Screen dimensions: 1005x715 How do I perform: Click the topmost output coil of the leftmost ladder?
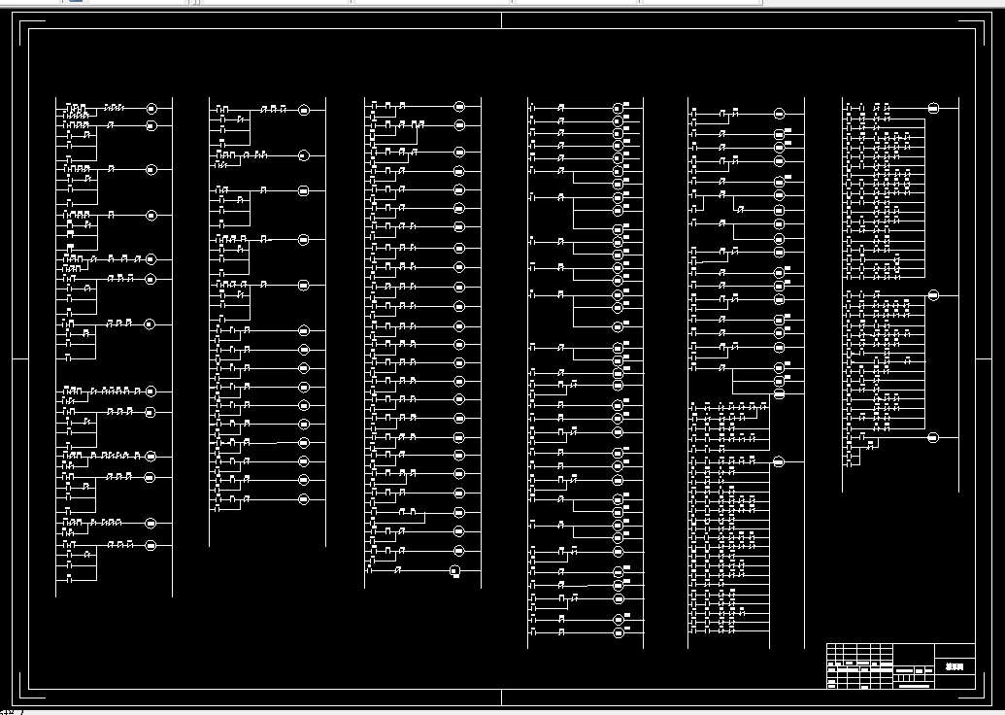click(x=151, y=108)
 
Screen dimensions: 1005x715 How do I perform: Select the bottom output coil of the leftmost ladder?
click(x=151, y=546)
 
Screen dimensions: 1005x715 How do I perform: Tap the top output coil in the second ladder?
click(x=302, y=108)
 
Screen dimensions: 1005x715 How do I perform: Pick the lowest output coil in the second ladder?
click(x=302, y=499)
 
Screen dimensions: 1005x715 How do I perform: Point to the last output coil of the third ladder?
click(x=454, y=570)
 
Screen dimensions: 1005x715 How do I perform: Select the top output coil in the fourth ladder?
click(x=617, y=107)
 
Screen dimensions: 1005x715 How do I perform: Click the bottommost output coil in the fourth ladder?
click(x=617, y=632)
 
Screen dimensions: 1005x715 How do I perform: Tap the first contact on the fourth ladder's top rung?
click(x=532, y=107)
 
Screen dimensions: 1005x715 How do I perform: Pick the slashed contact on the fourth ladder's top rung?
click(x=561, y=107)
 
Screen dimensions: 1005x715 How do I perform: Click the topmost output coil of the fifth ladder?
click(x=779, y=114)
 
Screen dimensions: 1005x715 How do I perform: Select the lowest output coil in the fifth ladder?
click(x=779, y=462)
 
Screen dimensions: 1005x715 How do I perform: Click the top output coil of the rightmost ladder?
click(x=933, y=108)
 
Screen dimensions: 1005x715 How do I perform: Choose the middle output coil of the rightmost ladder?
click(x=933, y=295)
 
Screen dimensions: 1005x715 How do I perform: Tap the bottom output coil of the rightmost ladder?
click(x=933, y=438)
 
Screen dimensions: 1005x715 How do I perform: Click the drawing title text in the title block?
click(x=955, y=667)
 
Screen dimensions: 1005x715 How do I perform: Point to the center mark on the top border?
click(x=502, y=20)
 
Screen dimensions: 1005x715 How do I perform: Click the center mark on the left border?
click(x=19, y=358)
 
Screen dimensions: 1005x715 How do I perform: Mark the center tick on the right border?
click(x=984, y=358)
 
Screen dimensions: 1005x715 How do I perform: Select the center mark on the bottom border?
click(x=502, y=697)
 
